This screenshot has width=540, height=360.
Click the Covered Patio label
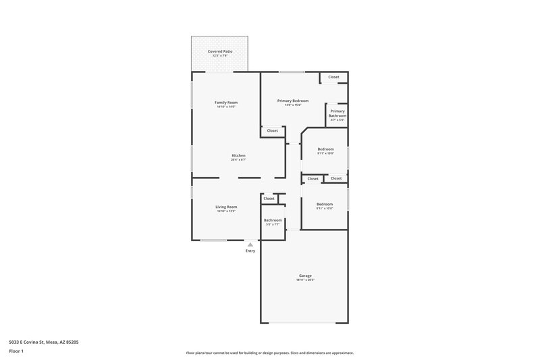220,51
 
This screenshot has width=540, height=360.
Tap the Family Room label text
226,103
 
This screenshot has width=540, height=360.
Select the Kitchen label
239,155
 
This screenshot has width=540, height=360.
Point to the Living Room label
226,207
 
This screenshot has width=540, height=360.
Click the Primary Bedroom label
293,101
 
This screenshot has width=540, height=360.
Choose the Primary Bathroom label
337,113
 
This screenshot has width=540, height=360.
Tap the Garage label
305,276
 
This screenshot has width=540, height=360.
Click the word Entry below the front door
250,251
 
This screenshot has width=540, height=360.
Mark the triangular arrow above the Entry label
250,244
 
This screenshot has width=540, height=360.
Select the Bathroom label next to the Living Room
273,220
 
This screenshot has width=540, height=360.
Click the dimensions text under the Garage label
305,280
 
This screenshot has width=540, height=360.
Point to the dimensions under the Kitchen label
239,160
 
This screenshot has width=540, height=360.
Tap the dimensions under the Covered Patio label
220,55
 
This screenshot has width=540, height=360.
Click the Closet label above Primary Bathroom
333,77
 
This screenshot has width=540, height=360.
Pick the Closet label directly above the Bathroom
269,199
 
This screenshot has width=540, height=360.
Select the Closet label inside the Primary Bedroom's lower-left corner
272,130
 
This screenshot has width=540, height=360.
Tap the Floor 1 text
16,352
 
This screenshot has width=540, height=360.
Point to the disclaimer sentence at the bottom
269,353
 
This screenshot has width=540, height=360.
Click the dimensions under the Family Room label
226,107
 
